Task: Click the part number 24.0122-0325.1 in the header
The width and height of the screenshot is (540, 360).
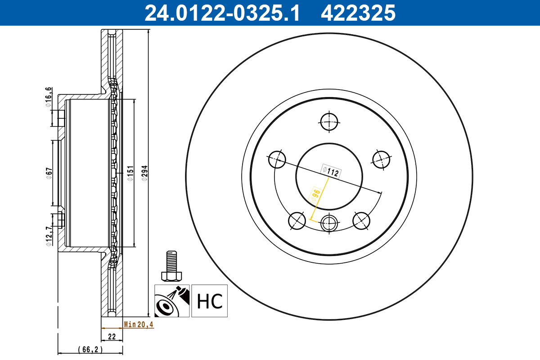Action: point(221,13)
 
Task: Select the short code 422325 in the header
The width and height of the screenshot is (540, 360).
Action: point(358,13)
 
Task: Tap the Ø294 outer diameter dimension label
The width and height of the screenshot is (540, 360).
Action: point(144,173)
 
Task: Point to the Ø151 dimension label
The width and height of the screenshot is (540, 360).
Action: point(130,173)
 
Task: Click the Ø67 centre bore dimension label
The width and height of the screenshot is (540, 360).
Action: point(49,173)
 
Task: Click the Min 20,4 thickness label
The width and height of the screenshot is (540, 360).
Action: point(139,324)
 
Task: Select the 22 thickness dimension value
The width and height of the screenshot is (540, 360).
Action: point(112,337)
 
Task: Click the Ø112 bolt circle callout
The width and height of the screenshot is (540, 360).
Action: point(330,171)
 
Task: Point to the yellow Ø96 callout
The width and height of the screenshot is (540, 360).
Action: point(316,194)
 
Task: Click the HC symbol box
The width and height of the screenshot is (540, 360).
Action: point(210,301)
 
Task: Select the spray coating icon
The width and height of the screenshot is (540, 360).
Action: point(172,301)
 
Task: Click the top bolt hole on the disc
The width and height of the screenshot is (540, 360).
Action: point(329,121)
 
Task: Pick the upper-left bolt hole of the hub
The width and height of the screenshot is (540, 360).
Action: point(277,159)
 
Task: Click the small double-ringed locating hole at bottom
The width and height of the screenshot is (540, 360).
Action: point(329,221)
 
